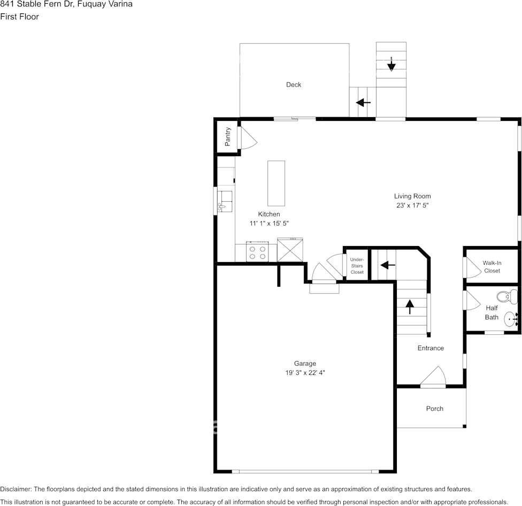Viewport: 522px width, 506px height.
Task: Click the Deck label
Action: pyautogui.click(x=293, y=85)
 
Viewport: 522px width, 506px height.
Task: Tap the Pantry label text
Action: pyautogui.click(x=228, y=136)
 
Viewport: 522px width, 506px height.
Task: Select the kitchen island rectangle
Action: pyautogui.click(x=276, y=183)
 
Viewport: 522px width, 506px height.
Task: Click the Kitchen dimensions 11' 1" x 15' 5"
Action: pyautogui.click(x=269, y=224)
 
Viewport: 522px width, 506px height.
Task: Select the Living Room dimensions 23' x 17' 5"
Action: pyautogui.click(x=412, y=205)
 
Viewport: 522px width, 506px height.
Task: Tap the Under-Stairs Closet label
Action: pyautogui.click(x=357, y=266)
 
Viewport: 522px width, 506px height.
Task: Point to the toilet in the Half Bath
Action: pyautogui.click(x=505, y=296)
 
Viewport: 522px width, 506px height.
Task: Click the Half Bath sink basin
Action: pyautogui.click(x=511, y=319)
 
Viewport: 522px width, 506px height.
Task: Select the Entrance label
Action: pyautogui.click(x=431, y=348)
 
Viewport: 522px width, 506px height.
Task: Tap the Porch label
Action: pyautogui.click(x=434, y=409)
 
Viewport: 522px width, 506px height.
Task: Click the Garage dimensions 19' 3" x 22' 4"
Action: pyautogui.click(x=305, y=373)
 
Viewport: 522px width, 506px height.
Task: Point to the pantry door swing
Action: pyautogui.click(x=247, y=140)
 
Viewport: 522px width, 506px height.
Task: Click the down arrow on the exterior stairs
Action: pyautogui.click(x=391, y=65)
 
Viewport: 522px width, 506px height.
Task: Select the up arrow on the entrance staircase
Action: pyautogui.click(x=410, y=307)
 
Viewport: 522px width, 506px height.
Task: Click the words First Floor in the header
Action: pyautogui.click(x=19, y=17)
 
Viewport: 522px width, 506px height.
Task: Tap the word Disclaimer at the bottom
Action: pyautogui.click(x=16, y=489)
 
